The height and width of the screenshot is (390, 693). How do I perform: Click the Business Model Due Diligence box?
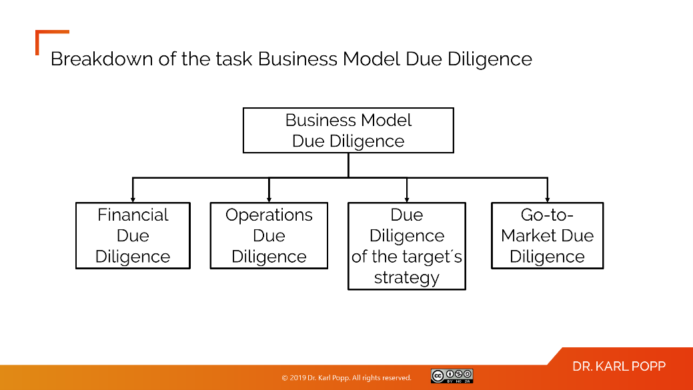click(348, 131)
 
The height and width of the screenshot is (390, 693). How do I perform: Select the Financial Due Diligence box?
click(133, 235)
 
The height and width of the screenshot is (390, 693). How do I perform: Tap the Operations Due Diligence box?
click(269, 235)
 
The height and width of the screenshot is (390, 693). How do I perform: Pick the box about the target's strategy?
click(406, 246)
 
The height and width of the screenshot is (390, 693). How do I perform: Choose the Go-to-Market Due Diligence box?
click(547, 235)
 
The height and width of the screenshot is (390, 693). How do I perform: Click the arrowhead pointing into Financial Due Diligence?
click(133, 199)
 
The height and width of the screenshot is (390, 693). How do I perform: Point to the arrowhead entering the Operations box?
click(269, 199)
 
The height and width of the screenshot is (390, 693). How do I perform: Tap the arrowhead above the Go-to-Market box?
click(547, 199)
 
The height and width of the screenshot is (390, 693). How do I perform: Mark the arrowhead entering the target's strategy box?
click(406, 199)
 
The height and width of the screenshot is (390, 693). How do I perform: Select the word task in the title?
click(232, 59)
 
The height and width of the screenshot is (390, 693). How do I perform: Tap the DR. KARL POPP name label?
click(618, 367)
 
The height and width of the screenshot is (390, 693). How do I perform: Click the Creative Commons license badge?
click(452, 376)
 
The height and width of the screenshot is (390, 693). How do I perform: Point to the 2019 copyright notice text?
click(346, 378)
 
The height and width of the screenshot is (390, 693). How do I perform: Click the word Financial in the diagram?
click(133, 215)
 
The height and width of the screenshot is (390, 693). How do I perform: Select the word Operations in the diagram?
click(269, 215)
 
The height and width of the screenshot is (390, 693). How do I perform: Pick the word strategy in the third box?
click(406, 277)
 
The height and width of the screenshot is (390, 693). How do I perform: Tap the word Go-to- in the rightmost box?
click(547, 215)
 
